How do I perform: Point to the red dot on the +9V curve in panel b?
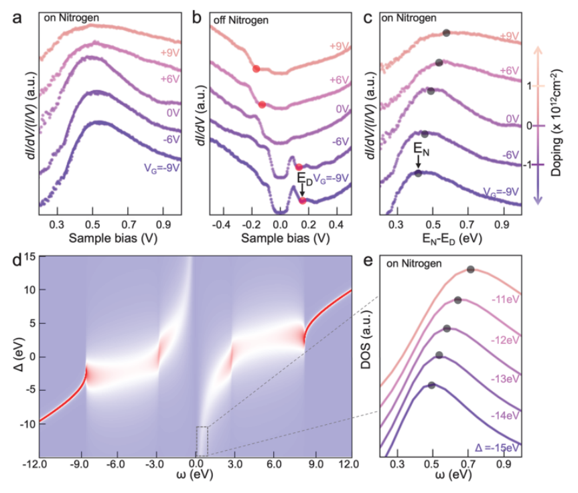pos(256,68)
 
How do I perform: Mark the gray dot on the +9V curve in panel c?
pos(446,33)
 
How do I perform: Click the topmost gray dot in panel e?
pos(471,270)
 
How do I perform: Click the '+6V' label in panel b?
pos(340,80)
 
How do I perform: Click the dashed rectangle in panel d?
pos(202,441)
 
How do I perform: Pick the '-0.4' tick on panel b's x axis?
pos(224,221)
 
